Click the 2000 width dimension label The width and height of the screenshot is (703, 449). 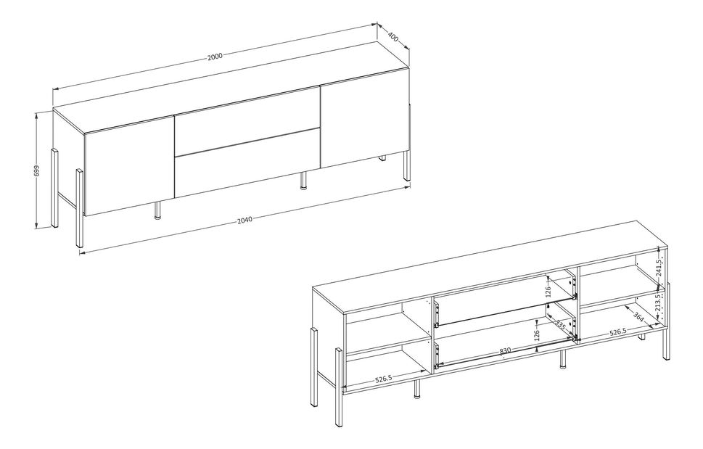point(215,57)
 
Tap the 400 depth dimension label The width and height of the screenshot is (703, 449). point(393,36)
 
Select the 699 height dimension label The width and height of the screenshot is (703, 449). point(37,170)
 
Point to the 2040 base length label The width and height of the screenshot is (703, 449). point(244,220)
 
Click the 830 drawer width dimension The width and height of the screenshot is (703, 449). point(506,351)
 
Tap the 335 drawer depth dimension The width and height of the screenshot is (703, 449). point(559,325)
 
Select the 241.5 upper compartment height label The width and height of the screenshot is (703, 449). point(658,269)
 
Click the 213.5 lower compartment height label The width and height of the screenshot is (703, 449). point(658,303)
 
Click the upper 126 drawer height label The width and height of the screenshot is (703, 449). point(548,292)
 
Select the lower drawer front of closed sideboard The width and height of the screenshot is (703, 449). point(247,164)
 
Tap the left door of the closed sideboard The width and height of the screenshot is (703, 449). point(129,166)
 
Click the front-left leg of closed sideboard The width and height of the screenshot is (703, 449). point(79,208)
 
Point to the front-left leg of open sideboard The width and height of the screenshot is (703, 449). point(339,387)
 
